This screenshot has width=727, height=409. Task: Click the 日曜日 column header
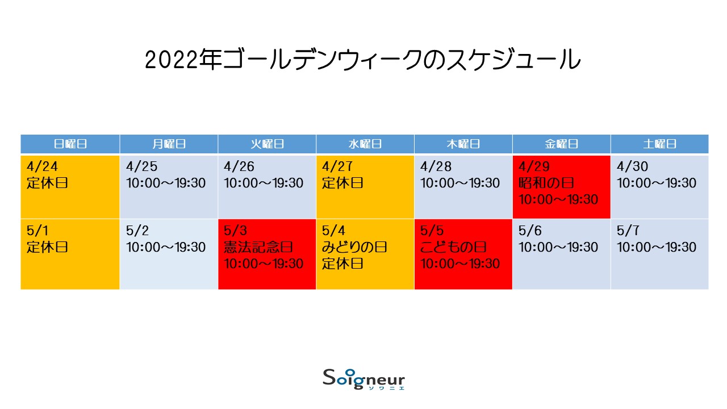pyautogui.click(x=70, y=144)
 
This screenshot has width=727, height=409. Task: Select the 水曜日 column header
pyautogui.click(x=365, y=144)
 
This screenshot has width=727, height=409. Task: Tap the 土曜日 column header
pyautogui.click(x=660, y=144)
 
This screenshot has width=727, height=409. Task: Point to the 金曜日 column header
pyautogui.click(x=562, y=144)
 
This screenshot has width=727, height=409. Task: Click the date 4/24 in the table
pyautogui.click(x=42, y=166)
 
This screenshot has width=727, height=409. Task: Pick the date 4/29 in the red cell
pyautogui.click(x=534, y=166)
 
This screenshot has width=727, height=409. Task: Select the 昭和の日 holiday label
pyautogui.click(x=546, y=183)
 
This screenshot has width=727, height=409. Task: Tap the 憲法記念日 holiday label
pyautogui.click(x=258, y=247)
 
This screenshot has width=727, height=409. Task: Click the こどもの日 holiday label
pyautogui.click(x=453, y=247)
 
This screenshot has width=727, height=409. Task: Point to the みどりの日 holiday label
pyautogui.click(x=354, y=247)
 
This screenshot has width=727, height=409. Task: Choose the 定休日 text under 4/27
pyautogui.click(x=342, y=183)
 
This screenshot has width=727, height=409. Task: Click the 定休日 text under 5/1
pyautogui.click(x=47, y=247)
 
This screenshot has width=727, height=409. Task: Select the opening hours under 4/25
pyautogui.click(x=166, y=183)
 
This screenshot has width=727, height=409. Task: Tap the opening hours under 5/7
pyautogui.click(x=657, y=247)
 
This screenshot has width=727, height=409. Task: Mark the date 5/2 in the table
pyautogui.click(x=137, y=231)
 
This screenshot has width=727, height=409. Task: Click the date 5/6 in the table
pyautogui.click(x=530, y=231)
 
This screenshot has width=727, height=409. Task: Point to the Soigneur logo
pyautogui.click(x=364, y=379)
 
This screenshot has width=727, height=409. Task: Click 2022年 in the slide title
pyautogui.click(x=183, y=60)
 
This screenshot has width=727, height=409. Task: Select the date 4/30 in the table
pyautogui.click(x=632, y=166)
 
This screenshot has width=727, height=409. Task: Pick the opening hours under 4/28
pyautogui.click(x=460, y=183)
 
